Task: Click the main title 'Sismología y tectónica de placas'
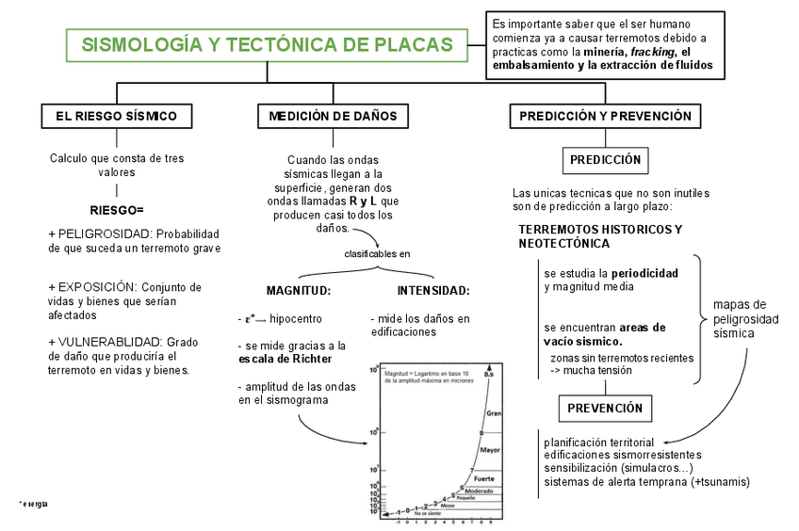click(267, 45)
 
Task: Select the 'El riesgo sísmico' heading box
click(117, 117)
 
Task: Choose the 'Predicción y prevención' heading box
click(606, 117)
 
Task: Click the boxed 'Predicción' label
click(606, 160)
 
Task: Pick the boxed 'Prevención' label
click(606, 408)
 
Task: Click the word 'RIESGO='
click(117, 209)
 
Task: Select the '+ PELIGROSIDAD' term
click(99, 233)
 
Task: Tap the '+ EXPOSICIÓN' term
click(93, 286)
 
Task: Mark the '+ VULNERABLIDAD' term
click(105, 343)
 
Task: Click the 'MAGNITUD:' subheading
click(298, 291)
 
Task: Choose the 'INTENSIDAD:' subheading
click(433, 291)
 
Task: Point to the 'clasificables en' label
click(377, 253)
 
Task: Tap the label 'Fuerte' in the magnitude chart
click(484, 480)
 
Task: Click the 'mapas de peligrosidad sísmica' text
click(746, 318)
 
